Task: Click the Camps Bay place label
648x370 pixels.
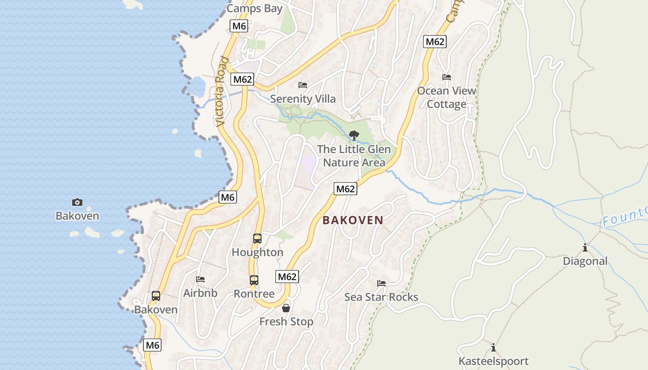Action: pyautogui.click(x=254, y=8)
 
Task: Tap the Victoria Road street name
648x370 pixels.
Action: pyautogui.click(x=222, y=92)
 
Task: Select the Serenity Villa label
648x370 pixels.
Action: pyautogui.click(x=303, y=99)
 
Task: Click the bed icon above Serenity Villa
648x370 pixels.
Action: pyautogui.click(x=303, y=85)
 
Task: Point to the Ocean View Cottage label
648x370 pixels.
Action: pyautogui.click(x=447, y=97)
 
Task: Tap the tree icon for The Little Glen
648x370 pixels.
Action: pyautogui.click(x=354, y=136)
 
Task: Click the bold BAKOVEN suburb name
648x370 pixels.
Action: pyautogui.click(x=353, y=220)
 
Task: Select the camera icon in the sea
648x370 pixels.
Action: pyautogui.click(x=77, y=202)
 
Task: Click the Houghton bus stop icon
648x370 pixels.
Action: pyautogui.click(x=257, y=239)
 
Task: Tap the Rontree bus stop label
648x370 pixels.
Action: pyautogui.click(x=254, y=294)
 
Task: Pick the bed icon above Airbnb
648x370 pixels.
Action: pyautogui.click(x=200, y=279)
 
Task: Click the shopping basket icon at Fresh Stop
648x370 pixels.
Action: pyautogui.click(x=286, y=308)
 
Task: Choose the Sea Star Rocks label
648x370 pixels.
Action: pyautogui.click(x=381, y=297)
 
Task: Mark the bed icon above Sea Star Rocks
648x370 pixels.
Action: pyautogui.click(x=381, y=284)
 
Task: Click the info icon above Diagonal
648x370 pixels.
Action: pyautogui.click(x=585, y=247)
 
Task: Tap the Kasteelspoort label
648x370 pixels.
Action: pyautogui.click(x=493, y=361)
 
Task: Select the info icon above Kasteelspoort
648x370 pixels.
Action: pyautogui.click(x=493, y=347)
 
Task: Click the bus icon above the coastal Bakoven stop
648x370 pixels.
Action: pyautogui.click(x=156, y=296)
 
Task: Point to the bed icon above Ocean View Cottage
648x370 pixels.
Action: pyautogui.click(x=447, y=77)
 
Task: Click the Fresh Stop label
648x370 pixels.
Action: pyautogui.click(x=286, y=321)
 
